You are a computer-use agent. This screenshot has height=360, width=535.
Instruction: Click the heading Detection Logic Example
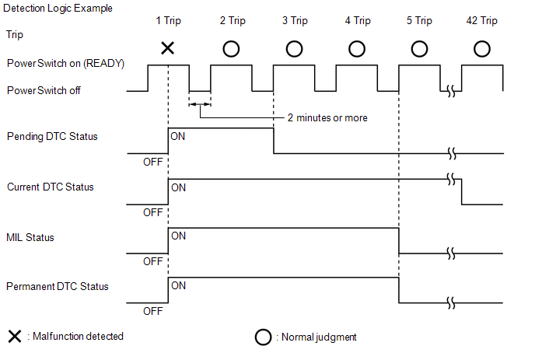point(58,8)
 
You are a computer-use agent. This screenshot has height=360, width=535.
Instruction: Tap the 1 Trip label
point(168,21)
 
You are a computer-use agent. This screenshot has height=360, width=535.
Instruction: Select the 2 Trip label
point(232,21)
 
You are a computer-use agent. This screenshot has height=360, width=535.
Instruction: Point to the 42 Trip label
point(481,21)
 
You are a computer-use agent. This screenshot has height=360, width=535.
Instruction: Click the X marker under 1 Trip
point(167,48)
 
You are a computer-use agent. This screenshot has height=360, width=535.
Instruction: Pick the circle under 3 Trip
point(294,48)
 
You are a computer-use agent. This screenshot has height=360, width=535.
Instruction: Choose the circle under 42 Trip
point(481,48)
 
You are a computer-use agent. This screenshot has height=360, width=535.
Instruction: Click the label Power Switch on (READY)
point(65,63)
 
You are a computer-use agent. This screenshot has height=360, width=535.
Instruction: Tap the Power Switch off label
point(44,90)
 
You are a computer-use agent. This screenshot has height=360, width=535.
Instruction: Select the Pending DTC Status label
point(52,137)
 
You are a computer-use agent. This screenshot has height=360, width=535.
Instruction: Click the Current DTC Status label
point(51,187)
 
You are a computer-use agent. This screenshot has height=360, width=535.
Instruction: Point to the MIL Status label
point(30,237)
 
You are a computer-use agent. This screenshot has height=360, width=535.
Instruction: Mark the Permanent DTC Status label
point(58,287)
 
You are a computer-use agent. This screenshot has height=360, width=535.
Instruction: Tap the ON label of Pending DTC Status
point(178,136)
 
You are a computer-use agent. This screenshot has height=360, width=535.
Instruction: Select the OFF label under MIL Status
point(153,261)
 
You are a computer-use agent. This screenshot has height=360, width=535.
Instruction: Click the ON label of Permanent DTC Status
point(178,285)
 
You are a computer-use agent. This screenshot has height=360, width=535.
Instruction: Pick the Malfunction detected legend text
point(75,337)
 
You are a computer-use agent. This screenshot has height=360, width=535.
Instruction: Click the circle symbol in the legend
point(263,338)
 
